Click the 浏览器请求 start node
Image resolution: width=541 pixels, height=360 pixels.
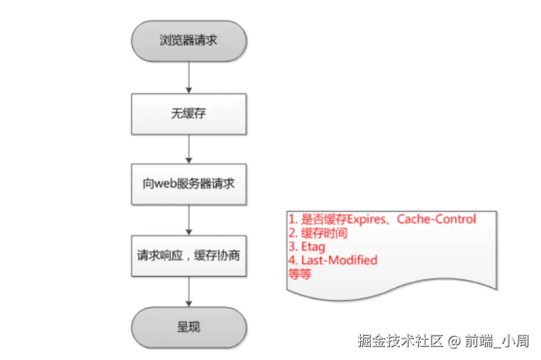189,41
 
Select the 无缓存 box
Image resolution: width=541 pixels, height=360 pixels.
189,113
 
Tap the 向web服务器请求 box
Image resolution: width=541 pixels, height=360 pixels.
189,184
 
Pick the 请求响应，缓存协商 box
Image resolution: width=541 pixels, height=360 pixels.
189,255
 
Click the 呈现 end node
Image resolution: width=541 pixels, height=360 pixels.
189,327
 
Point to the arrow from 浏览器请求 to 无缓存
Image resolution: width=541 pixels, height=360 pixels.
189,77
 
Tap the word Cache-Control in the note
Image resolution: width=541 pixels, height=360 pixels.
437,219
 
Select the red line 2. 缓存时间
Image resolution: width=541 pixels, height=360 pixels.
318,233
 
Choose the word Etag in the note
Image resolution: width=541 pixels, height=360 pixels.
313,247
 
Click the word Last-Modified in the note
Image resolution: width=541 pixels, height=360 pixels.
339,260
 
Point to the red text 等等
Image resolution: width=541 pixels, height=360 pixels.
299,274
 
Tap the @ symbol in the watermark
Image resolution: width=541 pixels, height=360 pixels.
454,341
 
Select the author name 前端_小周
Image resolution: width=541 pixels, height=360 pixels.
497,341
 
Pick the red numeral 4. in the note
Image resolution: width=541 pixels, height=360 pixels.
292,260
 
